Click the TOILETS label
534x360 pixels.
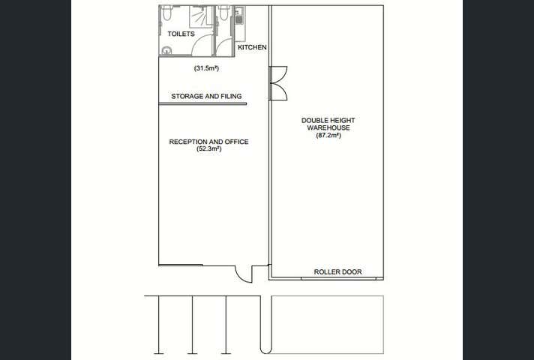point(181,34)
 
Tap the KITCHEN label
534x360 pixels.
point(252,47)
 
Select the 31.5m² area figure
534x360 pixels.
point(206,69)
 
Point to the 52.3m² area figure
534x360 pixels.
point(208,149)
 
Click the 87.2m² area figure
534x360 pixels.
point(328,136)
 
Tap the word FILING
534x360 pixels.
point(231,97)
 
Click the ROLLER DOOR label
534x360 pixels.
point(337,272)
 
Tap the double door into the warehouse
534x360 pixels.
point(277,83)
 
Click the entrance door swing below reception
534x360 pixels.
point(244,274)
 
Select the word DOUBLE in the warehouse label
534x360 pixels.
point(315,120)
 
